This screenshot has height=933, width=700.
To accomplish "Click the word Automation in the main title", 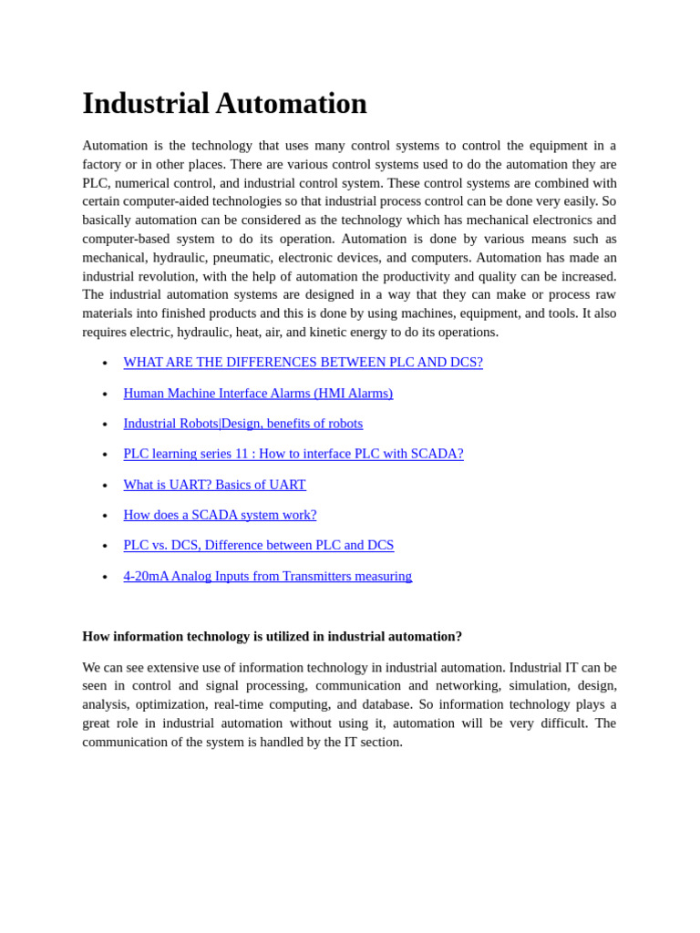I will (x=291, y=104).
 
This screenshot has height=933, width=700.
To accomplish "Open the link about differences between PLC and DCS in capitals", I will (x=303, y=363).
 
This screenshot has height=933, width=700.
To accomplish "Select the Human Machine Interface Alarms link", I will (x=258, y=394).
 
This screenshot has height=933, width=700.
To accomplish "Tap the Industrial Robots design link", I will (x=242, y=424).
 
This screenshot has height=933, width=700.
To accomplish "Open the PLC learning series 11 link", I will (x=293, y=454).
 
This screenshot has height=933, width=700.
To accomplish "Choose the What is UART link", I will (x=214, y=485).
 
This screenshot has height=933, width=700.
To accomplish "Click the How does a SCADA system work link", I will (x=220, y=515).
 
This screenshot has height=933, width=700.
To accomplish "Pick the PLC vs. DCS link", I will (x=258, y=545).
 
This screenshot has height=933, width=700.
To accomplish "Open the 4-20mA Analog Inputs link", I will (x=267, y=576).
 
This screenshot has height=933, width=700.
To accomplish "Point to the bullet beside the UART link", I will (x=105, y=486).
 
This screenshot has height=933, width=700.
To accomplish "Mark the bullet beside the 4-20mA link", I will (x=105, y=577).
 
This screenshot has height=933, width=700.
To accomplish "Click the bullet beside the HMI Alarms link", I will (x=105, y=395).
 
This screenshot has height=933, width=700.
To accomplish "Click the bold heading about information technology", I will (x=272, y=637).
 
